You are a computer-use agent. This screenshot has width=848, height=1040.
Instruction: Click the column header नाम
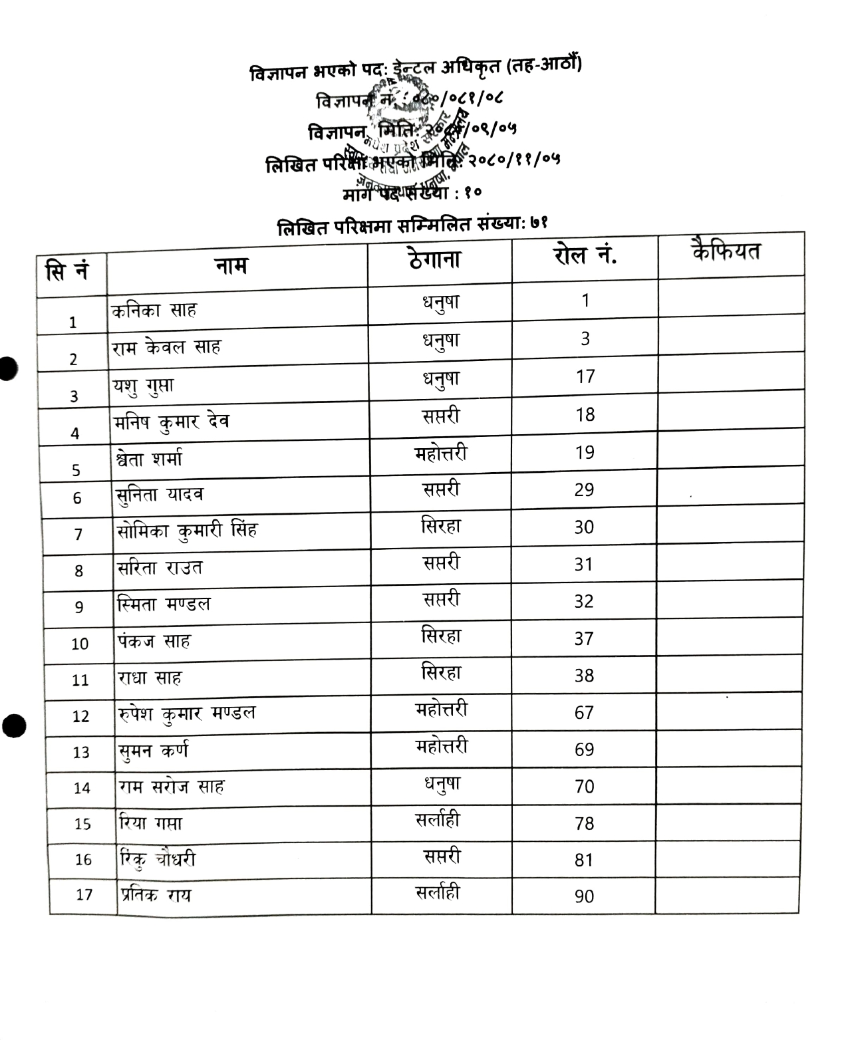pyautogui.click(x=231, y=266)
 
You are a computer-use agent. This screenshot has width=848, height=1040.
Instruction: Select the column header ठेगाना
pyautogui.click(x=435, y=259)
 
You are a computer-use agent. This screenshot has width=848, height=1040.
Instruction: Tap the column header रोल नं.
pyautogui.click(x=585, y=255)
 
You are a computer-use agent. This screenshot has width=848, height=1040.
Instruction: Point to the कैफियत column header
pyautogui.click(x=726, y=251)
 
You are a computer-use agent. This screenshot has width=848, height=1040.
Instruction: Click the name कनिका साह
pyautogui.click(x=154, y=310)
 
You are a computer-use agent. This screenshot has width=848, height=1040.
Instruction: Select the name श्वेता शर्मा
pyautogui.click(x=149, y=459)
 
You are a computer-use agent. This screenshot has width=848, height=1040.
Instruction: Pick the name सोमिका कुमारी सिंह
pyautogui.click(x=187, y=531)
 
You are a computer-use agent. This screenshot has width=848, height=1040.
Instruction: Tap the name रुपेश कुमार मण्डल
pyautogui.click(x=187, y=714)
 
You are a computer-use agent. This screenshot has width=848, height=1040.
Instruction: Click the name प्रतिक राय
pyautogui.click(x=156, y=895)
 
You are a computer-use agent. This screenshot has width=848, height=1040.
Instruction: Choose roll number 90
pyautogui.click(x=584, y=896)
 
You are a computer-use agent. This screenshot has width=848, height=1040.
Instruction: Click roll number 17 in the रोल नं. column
pyautogui.click(x=585, y=377)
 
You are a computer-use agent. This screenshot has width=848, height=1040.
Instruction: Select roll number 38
pyautogui.click(x=584, y=676)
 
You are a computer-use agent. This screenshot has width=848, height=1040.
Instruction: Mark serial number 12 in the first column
pyautogui.click(x=80, y=716)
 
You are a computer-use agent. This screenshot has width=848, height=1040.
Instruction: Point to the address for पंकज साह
pyautogui.click(x=441, y=637)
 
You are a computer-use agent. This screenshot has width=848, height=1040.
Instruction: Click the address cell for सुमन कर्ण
pyautogui.click(x=441, y=747)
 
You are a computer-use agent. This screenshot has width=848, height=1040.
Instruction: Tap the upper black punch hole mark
pyautogui.click(x=7, y=368)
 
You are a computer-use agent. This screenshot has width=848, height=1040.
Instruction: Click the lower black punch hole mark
pyautogui.click(x=13, y=725)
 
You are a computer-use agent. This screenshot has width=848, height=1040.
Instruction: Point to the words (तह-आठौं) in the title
pyautogui.click(x=544, y=65)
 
